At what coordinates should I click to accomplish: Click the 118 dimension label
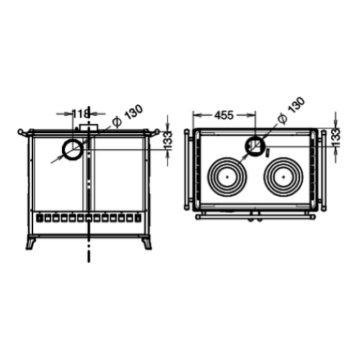81,114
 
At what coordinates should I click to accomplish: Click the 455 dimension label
224,115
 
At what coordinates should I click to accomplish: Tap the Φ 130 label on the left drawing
128,116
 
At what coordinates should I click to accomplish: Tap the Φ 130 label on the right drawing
291,110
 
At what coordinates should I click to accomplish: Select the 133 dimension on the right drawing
336,138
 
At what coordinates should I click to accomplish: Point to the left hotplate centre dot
227,177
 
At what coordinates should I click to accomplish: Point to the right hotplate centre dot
284,177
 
